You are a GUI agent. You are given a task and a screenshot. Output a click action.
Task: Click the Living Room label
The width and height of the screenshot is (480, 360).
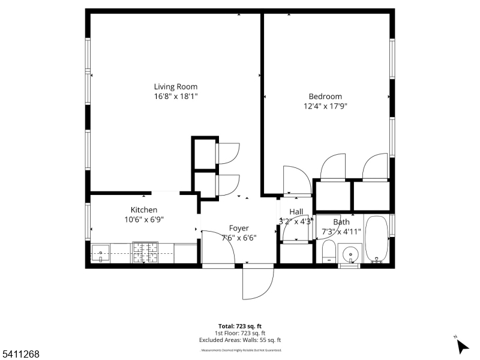pos(175,86)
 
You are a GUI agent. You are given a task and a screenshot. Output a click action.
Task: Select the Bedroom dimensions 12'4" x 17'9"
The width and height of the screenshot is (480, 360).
pos(325,106)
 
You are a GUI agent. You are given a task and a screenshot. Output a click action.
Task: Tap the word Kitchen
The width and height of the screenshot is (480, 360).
pos(144,210)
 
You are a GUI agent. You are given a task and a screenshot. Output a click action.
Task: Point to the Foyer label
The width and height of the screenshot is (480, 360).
pos(239,228)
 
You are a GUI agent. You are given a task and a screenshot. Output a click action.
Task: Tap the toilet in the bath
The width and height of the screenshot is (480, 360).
pos(329,252)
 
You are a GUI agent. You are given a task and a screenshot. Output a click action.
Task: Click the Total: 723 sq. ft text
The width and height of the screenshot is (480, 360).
pos(240,326)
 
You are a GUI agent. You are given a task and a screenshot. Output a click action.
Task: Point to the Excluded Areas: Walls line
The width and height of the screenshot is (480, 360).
pos(240,340)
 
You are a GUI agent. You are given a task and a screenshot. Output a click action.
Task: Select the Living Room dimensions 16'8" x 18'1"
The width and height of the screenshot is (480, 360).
pos(175,96)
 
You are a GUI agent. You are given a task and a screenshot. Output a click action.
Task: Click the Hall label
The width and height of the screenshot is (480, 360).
pos(296,212)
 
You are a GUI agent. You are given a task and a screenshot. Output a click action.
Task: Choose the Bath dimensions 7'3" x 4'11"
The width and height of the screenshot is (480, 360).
pos(341,231)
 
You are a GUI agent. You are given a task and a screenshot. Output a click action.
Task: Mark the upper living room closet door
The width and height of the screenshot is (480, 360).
pos(227,153)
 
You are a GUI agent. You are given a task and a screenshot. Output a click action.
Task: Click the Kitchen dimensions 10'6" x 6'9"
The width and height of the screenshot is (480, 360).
pos(144,220)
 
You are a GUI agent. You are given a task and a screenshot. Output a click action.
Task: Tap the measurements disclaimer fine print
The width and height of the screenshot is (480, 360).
pos(240,350)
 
